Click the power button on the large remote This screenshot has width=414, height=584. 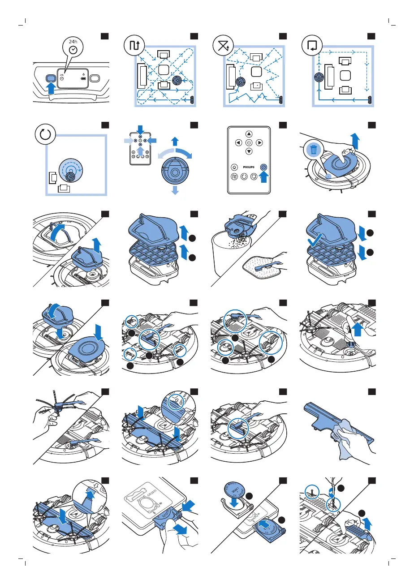tap(249, 143)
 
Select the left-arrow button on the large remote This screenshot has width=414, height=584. tap(238, 143)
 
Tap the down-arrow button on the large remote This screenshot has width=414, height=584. tap(249, 151)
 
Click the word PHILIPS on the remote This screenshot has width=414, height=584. tap(249, 166)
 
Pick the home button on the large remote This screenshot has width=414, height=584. tap(234, 166)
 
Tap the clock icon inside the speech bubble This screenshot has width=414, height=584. tap(73, 50)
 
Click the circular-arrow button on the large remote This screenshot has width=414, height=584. tap(249, 175)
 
